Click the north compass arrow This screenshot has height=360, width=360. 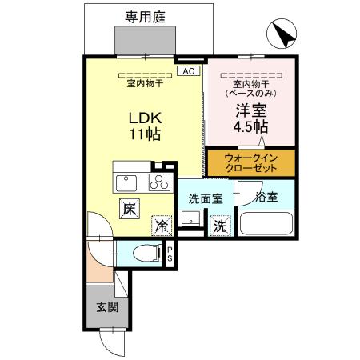click(x=282, y=34)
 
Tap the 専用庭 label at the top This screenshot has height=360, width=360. click(x=145, y=16)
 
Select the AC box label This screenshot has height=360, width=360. click(x=189, y=71)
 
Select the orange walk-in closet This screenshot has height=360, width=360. click(x=251, y=163)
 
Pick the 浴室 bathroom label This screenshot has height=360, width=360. click(x=266, y=197)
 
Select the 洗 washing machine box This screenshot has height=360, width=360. click(x=218, y=226)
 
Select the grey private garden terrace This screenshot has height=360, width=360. click(x=145, y=39)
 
